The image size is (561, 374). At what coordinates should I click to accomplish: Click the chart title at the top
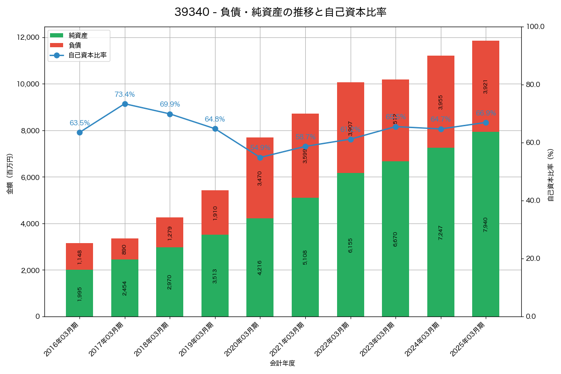pos(280,13)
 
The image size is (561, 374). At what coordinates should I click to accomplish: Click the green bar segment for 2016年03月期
pos(79,293)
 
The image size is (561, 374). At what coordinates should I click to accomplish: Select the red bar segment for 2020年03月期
pos(260,178)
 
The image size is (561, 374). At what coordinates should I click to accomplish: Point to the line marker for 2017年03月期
pos(125,104)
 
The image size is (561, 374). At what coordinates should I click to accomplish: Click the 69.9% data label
pos(170,104)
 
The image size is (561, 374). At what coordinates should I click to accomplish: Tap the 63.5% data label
pos(79,123)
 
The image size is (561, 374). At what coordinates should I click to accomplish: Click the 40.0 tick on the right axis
pos(533,201)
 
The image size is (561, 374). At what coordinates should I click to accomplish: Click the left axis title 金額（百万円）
pos(10,174)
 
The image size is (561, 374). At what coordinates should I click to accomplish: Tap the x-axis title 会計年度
pos(282,363)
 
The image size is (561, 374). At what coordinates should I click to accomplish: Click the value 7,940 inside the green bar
pos(485,225)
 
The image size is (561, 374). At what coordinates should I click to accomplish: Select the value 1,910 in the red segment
pos(215,213)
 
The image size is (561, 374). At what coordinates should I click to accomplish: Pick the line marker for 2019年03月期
pos(215,129)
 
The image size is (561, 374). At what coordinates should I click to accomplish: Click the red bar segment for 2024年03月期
pos(441,101)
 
